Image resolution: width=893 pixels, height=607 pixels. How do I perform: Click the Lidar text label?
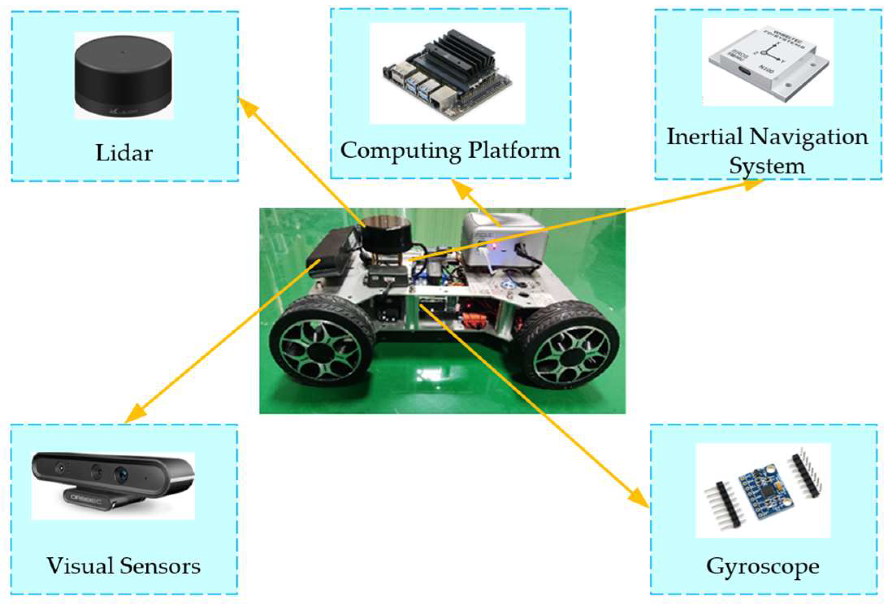click(124, 153)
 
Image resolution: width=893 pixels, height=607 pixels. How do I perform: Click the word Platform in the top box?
click(514, 150)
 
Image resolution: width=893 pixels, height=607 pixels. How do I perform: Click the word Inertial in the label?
click(705, 137)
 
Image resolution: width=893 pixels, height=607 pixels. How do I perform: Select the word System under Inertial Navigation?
click(767, 166)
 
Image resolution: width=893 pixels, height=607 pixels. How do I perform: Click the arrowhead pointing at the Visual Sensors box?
click(134, 414)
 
